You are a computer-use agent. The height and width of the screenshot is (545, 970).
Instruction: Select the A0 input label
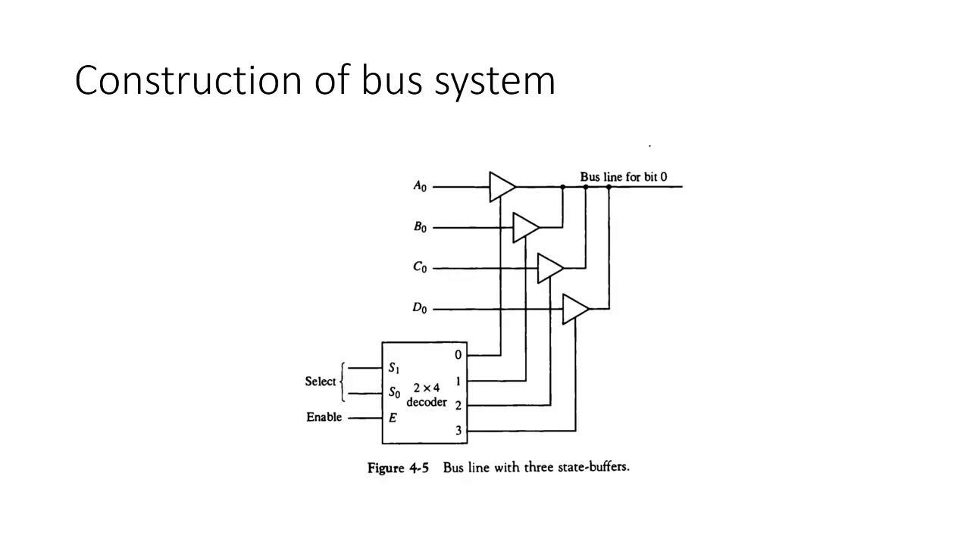point(420,186)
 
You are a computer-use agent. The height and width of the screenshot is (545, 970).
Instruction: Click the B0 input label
point(420,227)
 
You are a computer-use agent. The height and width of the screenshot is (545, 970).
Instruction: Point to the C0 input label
point(420,268)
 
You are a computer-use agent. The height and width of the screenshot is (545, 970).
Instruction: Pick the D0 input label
point(420,309)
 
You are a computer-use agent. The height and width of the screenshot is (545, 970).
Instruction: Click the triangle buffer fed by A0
point(501,186)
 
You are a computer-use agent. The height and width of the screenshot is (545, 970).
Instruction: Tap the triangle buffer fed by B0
point(524,227)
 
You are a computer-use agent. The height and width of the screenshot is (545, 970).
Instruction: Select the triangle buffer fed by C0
point(549,268)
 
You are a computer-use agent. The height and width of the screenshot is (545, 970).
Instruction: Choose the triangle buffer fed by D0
point(574,309)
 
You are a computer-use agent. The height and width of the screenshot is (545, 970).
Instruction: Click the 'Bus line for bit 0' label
point(624,176)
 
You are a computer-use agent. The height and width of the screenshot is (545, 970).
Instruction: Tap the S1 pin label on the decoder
point(394,368)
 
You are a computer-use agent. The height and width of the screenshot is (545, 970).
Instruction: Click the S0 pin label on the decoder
point(394,393)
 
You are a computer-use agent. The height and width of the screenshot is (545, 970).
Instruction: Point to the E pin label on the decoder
point(393,417)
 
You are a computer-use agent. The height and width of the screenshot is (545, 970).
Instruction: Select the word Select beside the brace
point(320,381)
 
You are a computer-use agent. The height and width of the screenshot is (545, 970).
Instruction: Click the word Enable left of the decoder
point(324,417)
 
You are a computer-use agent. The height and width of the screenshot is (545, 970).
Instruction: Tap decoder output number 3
point(458,431)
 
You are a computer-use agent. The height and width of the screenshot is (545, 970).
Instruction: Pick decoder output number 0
point(458,355)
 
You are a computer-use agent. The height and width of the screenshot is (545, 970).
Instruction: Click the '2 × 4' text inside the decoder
point(426,388)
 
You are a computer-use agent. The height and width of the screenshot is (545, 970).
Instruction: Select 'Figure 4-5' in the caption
point(398,468)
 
